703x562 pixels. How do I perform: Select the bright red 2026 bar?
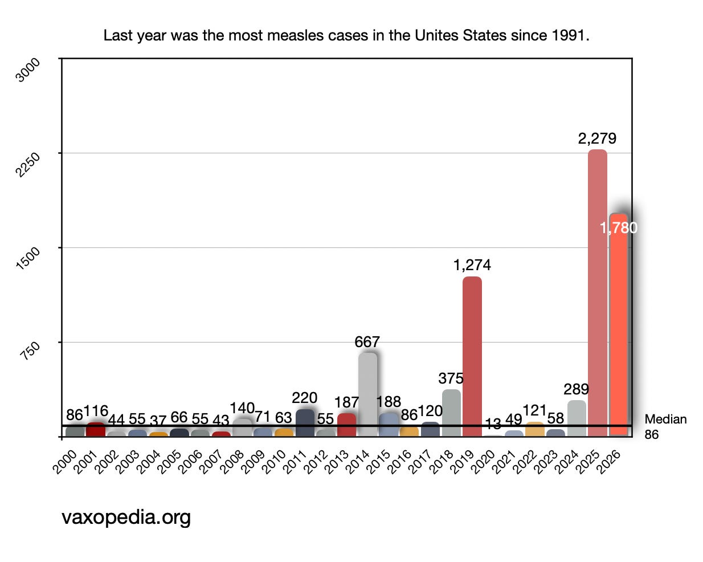coord(618,325)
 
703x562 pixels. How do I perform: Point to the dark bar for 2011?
coord(305,422)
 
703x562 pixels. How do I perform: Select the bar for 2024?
coord(577,418)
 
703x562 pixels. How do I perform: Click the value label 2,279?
coord(597,139)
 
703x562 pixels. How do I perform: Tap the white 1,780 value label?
coord(618,228)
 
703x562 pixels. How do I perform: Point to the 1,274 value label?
coord(472,265)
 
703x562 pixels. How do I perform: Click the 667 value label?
coord(367,342)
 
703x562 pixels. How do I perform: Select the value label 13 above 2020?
coord(493,424)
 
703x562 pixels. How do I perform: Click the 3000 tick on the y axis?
coord(28,70)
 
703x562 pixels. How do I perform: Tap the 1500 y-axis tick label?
coord(28,258)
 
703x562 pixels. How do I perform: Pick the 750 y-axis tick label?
coord(30,351)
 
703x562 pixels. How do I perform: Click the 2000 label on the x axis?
coord(64,462)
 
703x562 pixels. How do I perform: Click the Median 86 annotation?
coord(665,427)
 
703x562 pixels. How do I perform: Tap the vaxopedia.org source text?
coord(126,518)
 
